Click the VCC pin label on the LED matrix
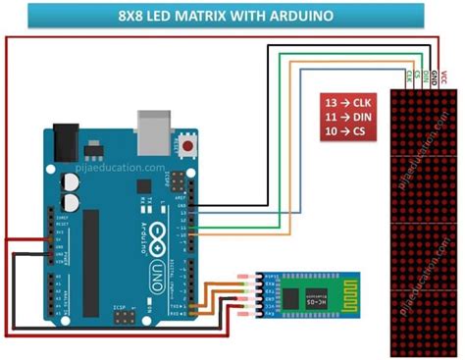(443, 75)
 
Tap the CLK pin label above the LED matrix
(407, 75)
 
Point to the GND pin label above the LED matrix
(435, 75)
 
